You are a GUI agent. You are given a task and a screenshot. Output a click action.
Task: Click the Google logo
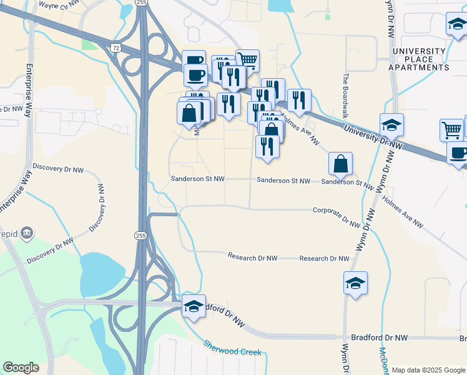pos(21,367)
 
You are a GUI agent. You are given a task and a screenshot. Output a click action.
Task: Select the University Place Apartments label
pos(419,59)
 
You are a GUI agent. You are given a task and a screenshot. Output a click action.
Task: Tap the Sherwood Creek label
pos(232,347)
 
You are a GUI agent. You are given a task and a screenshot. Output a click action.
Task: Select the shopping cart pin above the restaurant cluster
pos(248,60)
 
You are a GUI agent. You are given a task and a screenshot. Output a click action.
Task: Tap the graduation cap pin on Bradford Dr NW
pos(194,306)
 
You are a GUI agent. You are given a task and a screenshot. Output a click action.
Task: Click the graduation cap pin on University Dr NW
pos(391,125)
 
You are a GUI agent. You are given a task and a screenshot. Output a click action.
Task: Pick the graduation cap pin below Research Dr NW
pos(355,283)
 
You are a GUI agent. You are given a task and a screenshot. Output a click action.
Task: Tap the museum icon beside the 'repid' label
pos(26,232)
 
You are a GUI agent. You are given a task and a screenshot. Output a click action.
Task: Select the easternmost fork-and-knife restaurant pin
pos(299,100)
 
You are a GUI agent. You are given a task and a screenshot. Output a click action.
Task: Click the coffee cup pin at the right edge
pos(458,153)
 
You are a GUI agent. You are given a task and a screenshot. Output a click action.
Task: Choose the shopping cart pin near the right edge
pos(451,130)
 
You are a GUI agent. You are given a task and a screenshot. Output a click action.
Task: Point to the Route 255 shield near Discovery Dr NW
pos(140,235)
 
